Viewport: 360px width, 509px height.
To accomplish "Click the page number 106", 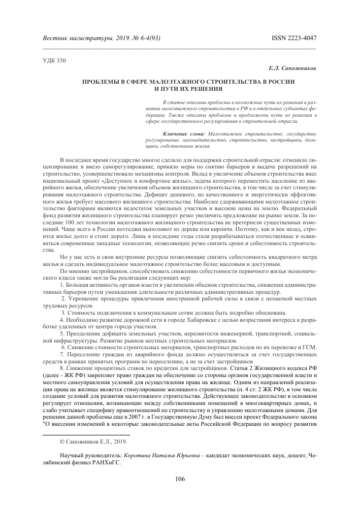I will (x=180, y=479).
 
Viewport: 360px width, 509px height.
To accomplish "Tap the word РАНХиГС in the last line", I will (x=107, y=464).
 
